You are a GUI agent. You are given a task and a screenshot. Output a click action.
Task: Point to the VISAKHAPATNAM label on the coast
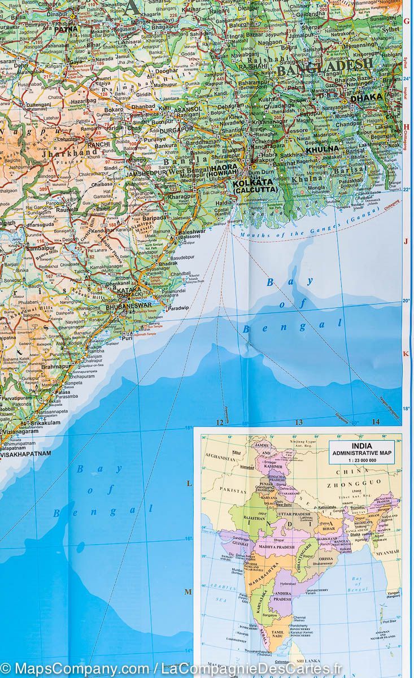click(26, 453)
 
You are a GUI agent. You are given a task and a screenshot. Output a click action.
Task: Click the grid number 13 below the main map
click(299, 422)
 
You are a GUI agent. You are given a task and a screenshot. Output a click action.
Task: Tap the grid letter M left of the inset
click(190, 592)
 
